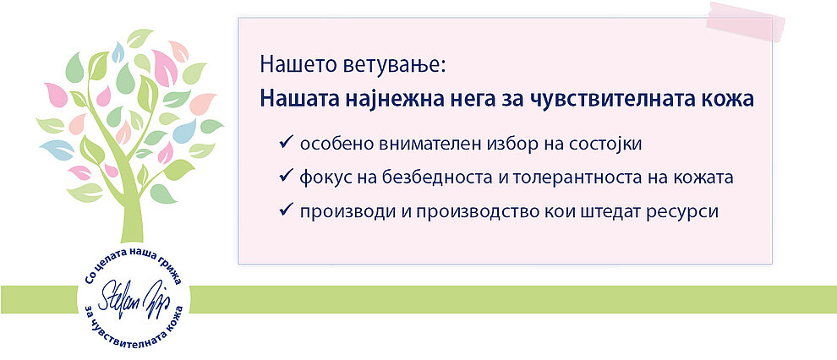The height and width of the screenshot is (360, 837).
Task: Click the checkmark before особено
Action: coord(286,143)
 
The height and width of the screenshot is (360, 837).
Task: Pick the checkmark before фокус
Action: coord(286,176)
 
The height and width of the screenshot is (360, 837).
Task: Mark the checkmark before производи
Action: coord(286,210)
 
